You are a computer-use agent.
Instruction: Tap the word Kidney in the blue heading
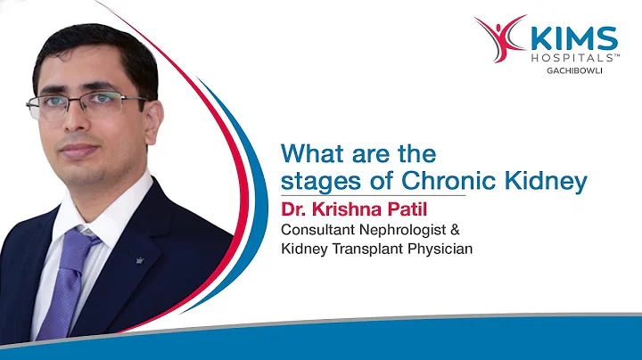coord(546,182)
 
